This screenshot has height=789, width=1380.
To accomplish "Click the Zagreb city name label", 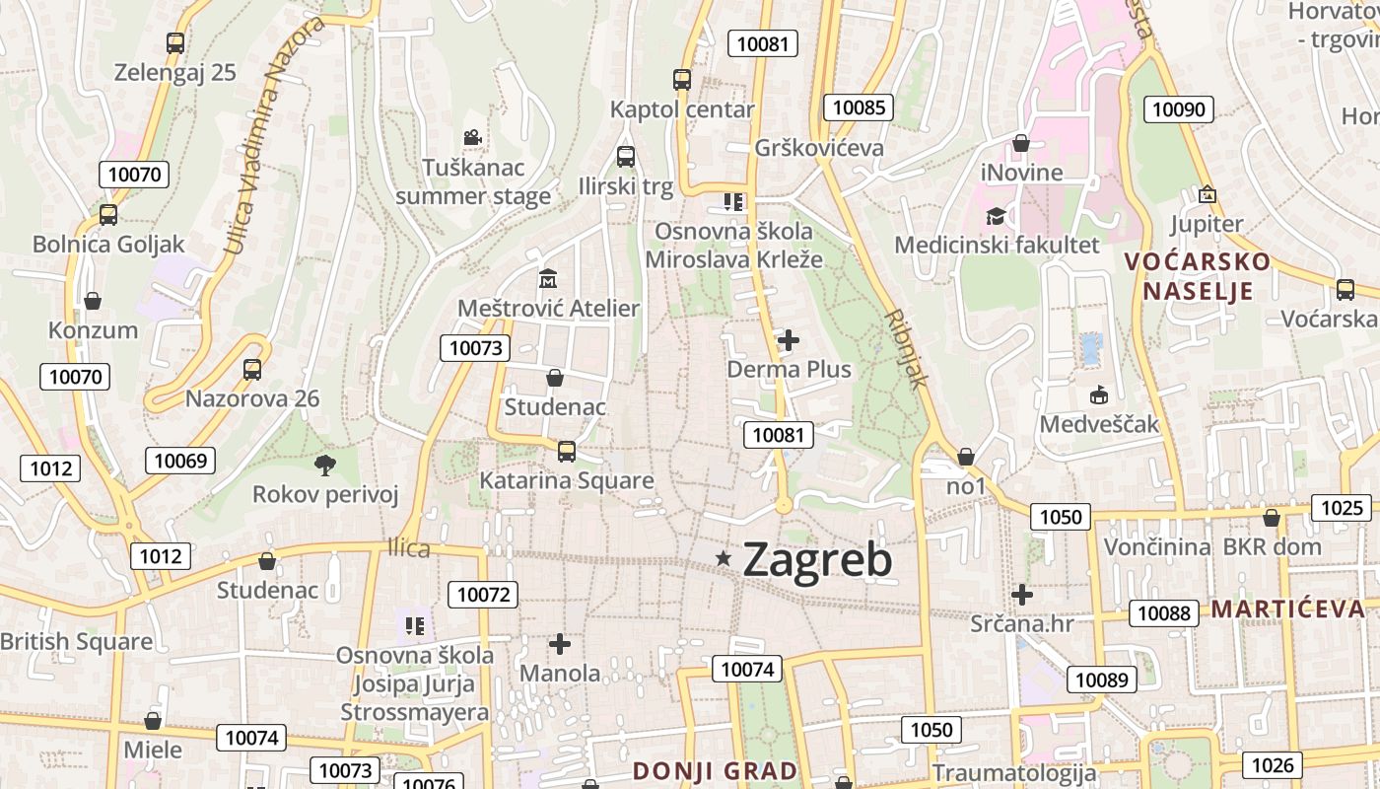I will click(x=817, y=559).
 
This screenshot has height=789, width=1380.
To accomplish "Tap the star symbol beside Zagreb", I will click(x=724, y=559).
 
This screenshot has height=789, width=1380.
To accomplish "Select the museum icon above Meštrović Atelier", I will click(x=548, y=279).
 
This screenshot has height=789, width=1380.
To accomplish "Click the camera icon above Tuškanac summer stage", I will click(x=472, y=137).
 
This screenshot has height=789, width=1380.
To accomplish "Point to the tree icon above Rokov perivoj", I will click(x=324, y=465).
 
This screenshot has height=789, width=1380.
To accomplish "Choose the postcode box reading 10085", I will click(x=859, y=108).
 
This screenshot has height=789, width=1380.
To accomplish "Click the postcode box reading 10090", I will click(x=1179, y=109).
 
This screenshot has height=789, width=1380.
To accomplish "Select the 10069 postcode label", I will click(x=180, y=461).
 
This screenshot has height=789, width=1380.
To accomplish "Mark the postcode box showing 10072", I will click(x=483, y=595).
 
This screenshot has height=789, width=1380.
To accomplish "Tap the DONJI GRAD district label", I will click(x=715, y=770).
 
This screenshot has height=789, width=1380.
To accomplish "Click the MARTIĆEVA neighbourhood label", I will click(x=1288, y=609).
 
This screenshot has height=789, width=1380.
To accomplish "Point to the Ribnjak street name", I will click(x=908, y=349).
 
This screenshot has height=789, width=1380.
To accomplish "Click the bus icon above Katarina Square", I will click(x=567, y=452).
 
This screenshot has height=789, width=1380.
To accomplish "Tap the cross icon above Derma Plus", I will click(x=789, y=341).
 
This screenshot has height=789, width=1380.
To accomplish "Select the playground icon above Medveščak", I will click(x=1099, y=394).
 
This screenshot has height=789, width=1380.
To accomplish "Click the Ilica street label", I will click(x=409, y=547).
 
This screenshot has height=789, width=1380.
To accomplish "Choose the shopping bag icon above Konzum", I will click(x=93, y=301).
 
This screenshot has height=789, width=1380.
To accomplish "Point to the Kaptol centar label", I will click(x=682, y=109).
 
